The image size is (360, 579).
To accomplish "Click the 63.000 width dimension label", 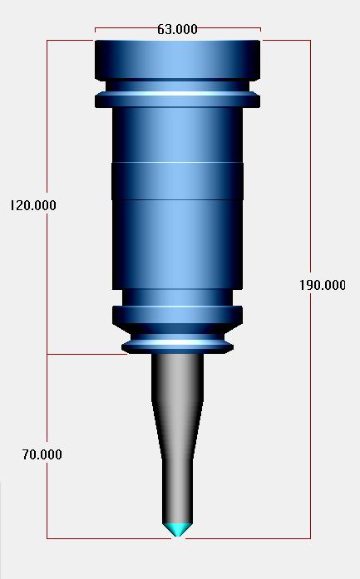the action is [177, 29].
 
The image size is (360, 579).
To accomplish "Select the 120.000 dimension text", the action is [33, 205].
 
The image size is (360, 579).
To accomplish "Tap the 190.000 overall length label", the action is [323, 285].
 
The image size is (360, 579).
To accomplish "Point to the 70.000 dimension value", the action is [42, 454].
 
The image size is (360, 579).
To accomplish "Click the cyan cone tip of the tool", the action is [178, 529].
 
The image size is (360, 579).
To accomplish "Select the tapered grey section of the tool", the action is [178, 429].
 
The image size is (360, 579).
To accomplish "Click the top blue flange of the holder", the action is [178, 60].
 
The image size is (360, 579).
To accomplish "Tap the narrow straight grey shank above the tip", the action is [178, 491].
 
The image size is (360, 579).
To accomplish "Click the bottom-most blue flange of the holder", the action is [178, 347].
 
